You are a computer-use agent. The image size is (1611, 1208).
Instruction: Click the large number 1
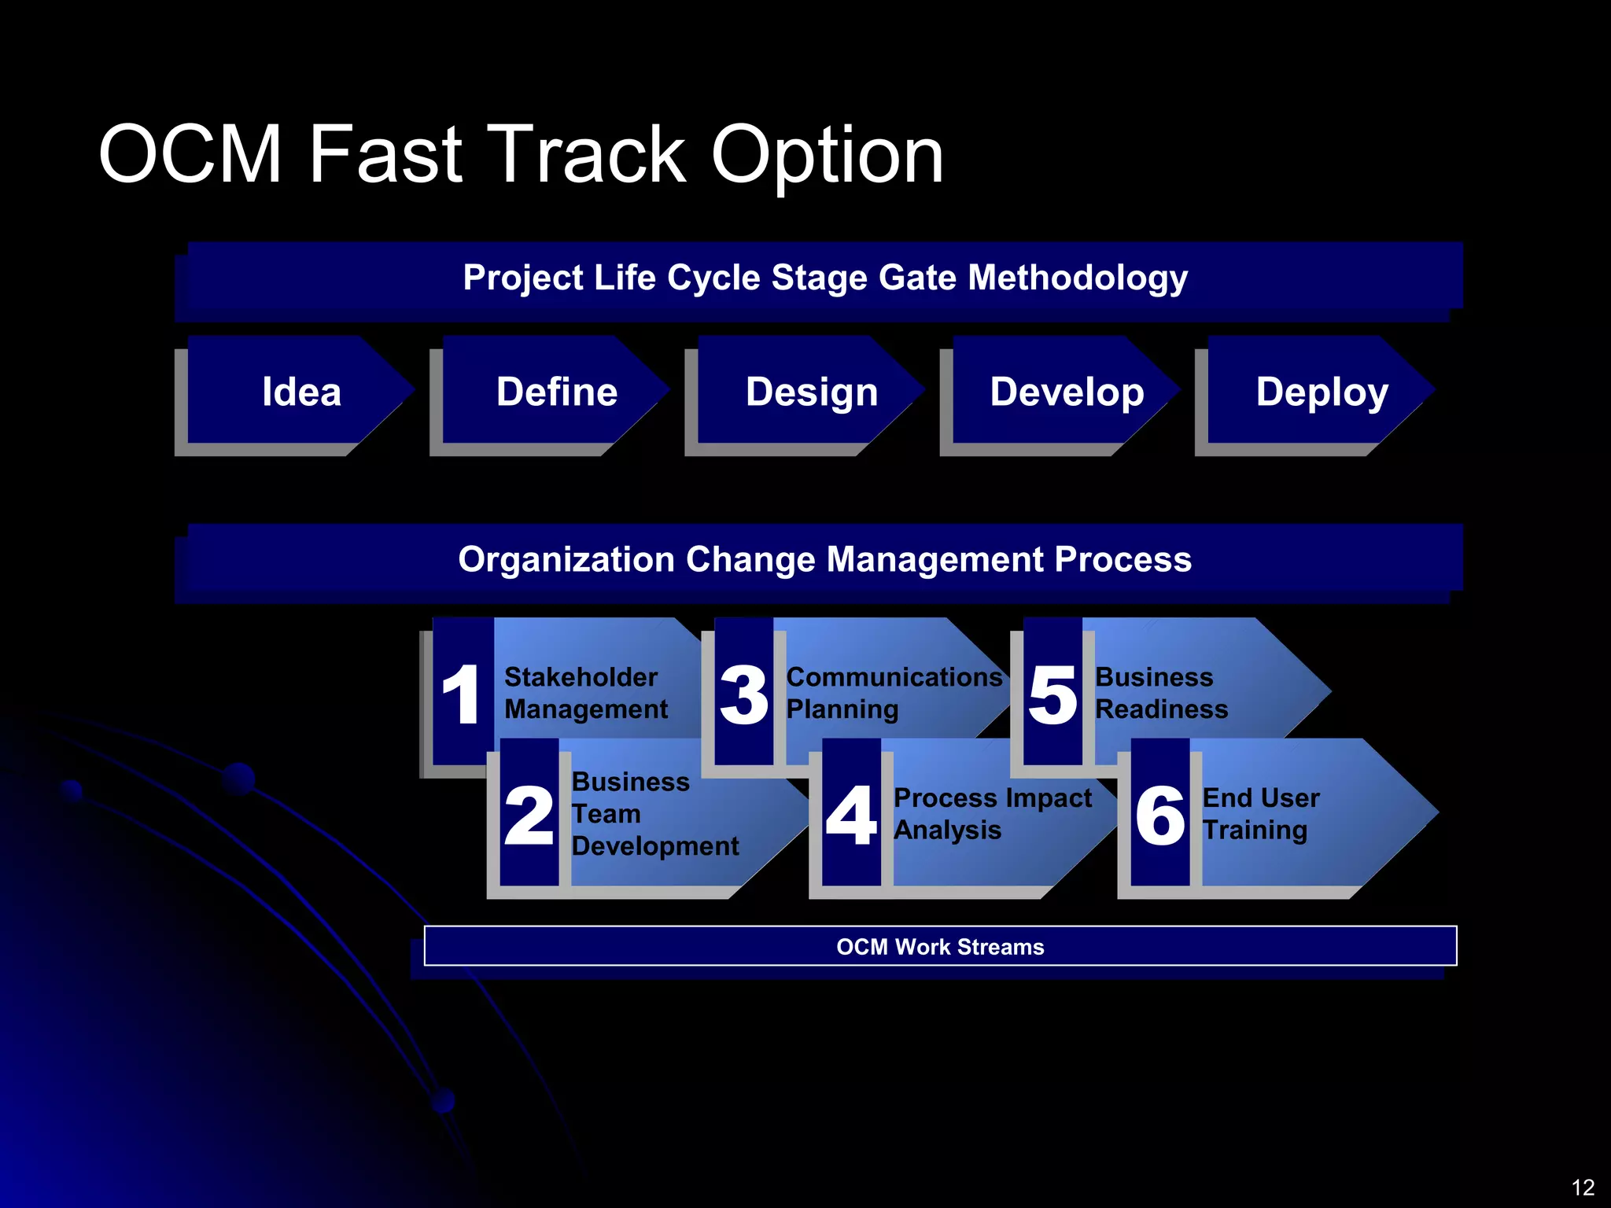click(x=462, y=694)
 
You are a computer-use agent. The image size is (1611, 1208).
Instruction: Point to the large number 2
click(x=529, y=816)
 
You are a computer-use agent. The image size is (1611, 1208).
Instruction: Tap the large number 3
click(x=743, y=694)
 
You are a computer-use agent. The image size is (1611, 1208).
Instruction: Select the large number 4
click(x=851, y=816)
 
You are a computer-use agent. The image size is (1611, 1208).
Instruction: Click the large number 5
click(x=1052, y=694)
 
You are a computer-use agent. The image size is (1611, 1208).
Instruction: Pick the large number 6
click(x=1160, y=816)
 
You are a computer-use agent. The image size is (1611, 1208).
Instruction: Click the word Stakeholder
click(x=581, y=677)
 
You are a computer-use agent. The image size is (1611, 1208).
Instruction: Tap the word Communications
click(x=894, y=677)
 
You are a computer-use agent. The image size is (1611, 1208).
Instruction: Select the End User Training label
click(x=1260, y=814)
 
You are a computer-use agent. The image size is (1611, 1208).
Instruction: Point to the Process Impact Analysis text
click(x=992, y=814)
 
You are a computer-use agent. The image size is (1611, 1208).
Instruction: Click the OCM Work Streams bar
click(x=940, y=946)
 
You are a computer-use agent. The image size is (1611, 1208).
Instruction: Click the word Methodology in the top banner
click(x=1078, y=278)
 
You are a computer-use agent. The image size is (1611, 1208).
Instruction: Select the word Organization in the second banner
click(x=566, y=560)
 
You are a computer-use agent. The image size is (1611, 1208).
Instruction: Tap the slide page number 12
click(x=1582, y=1187)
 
